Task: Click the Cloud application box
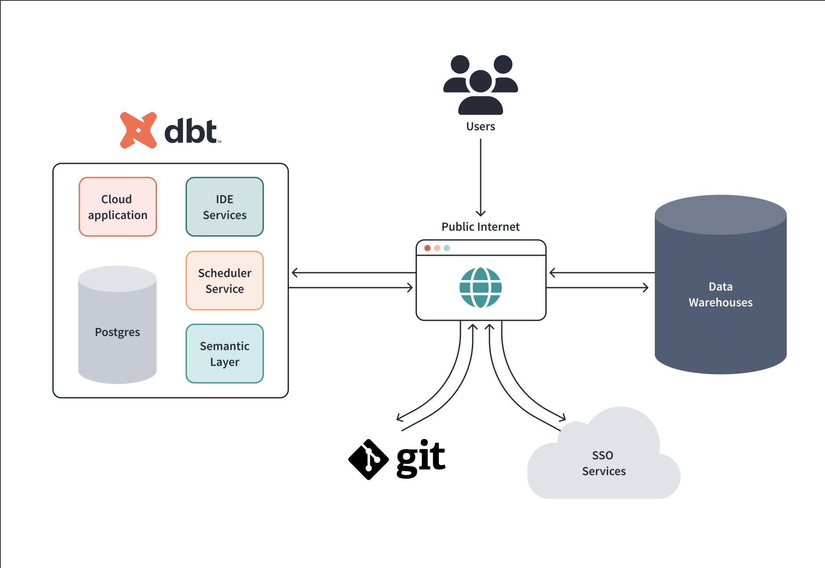[118, 207]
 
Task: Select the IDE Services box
[224, 207]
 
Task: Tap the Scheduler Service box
[224, 280]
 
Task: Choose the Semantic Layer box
[224, 353]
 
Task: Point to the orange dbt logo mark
[138, 130]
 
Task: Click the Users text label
[481, 127]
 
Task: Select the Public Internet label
[481, 227]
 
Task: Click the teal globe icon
[481, 288]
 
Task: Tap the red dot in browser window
[427, 248]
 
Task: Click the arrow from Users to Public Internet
[481, 176]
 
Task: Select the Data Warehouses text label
[720, 295]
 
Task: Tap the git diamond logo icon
[368, 459]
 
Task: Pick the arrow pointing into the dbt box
[352, 273]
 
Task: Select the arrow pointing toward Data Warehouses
[598, 288]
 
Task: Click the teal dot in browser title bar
[447, 248]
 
